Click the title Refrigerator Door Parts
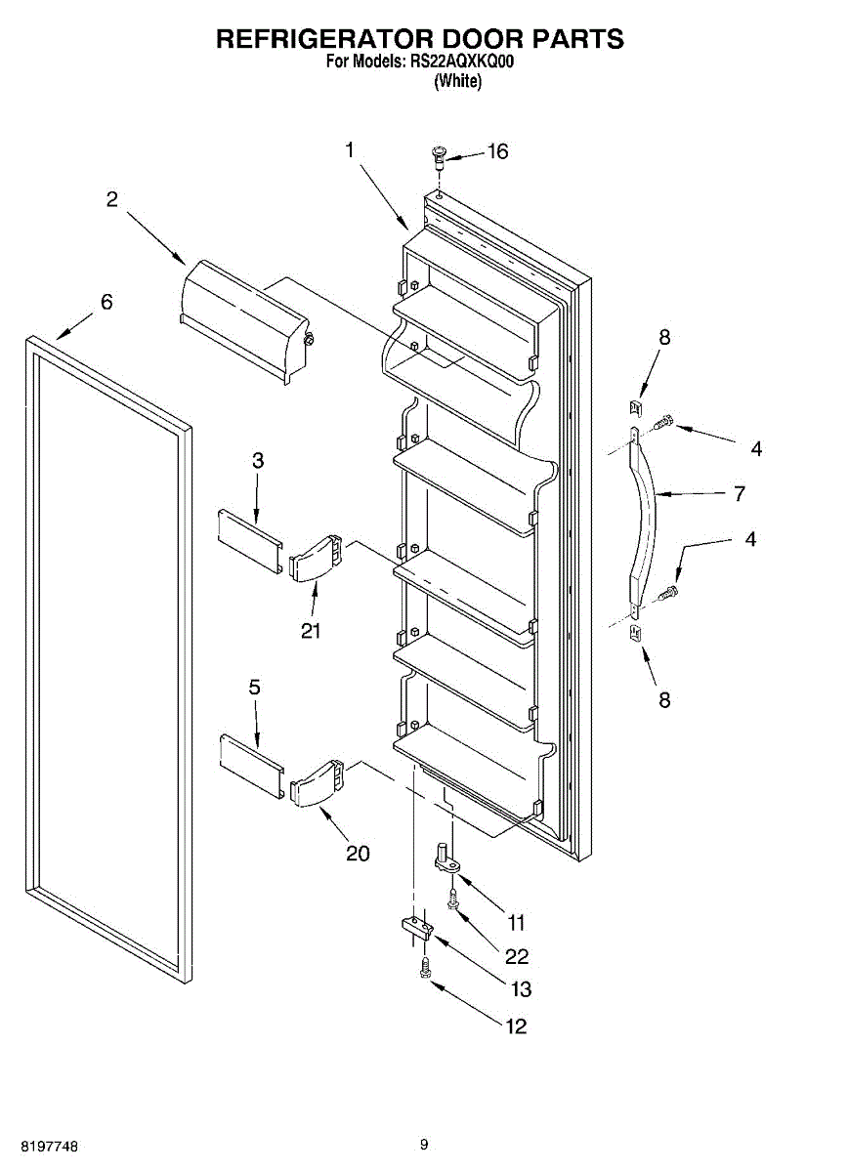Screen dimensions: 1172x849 tap(419, 39)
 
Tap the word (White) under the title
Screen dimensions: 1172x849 tap(457, 82)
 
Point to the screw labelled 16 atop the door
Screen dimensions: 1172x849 tap(439, 155)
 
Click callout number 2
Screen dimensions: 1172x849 tap(112, 199)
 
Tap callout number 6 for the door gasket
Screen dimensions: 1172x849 tap(106, 302)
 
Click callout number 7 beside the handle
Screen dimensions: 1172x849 tap(740, 494)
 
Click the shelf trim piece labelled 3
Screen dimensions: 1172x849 tap(249, 533)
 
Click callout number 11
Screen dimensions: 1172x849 tap(516, 921)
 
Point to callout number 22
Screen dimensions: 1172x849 tap(517, 956)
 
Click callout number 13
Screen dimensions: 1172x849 tap(521, 989)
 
